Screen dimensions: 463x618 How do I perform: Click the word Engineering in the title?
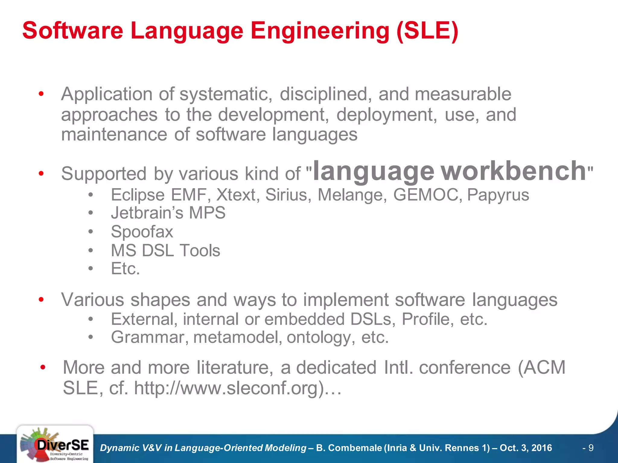click(320, 31)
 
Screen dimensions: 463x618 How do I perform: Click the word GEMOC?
click(427, 195)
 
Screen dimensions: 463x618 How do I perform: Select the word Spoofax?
click(142, 232)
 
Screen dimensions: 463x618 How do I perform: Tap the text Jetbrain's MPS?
click(168, 213)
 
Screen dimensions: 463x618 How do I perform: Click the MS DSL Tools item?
click(165, 250)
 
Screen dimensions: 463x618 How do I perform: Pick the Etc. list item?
click(125, 269)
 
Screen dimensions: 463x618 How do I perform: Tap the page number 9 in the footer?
click(591, 448)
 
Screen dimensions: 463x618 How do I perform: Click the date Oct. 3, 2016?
click(526, 448)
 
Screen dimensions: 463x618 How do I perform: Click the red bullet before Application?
click(41, 94)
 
